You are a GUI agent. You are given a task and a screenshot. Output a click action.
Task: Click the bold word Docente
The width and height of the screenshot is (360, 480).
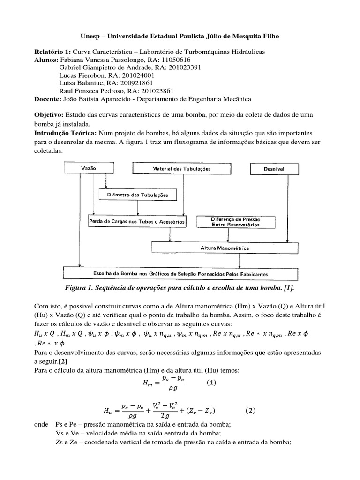(x=48, y=99)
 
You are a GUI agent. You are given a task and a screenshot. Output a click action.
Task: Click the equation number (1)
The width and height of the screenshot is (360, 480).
(x=211, y=382)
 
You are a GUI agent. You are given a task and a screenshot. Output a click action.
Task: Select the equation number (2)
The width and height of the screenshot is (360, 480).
(x=251, y=411)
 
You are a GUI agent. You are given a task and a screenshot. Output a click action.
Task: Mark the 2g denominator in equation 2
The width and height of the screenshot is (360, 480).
(x=165, y=416)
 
